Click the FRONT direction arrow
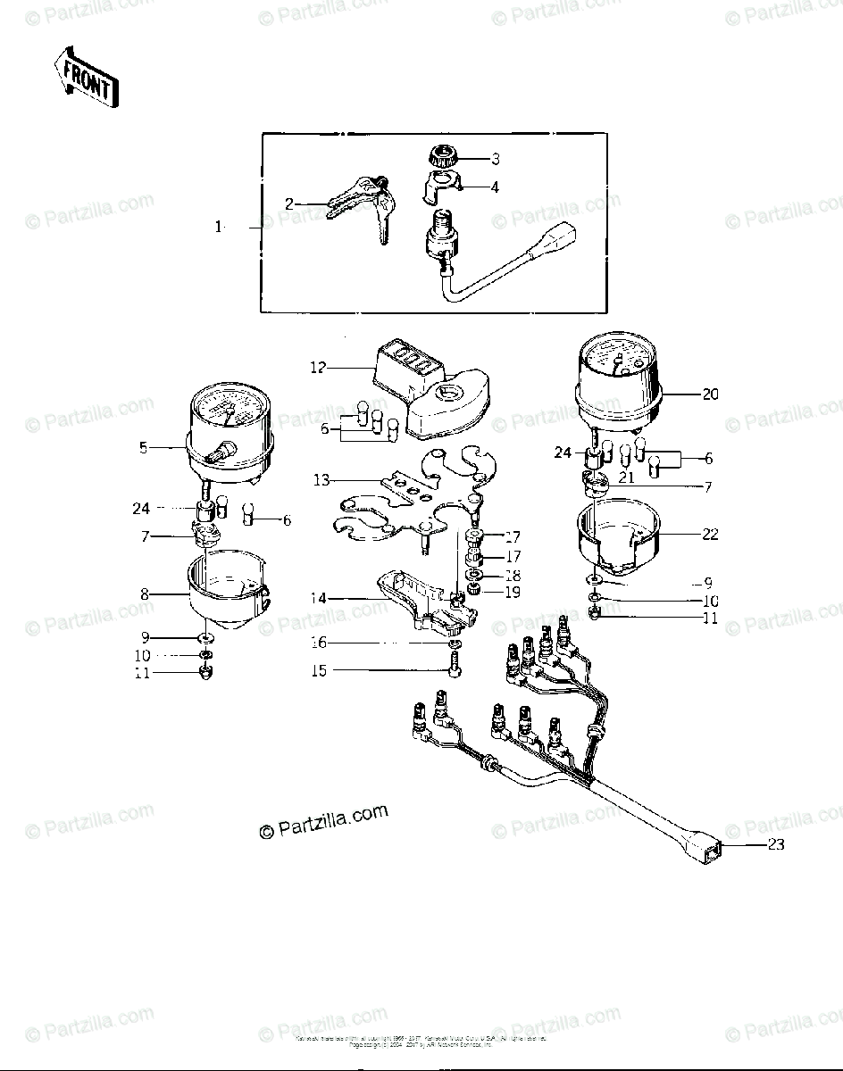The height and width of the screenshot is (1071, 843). (86, 78)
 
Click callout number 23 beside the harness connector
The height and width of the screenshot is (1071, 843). (776, 843)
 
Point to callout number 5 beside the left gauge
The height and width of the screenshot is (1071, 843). (143, 448)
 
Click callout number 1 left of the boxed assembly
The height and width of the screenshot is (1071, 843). (218, 228)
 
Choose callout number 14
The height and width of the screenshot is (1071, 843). (319, 599)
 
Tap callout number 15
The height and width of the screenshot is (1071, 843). (320, 670)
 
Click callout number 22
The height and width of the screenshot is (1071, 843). (709, 535)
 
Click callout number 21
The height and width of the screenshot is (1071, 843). (628, 477)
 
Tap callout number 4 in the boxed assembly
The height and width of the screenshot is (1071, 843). (494, 187)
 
